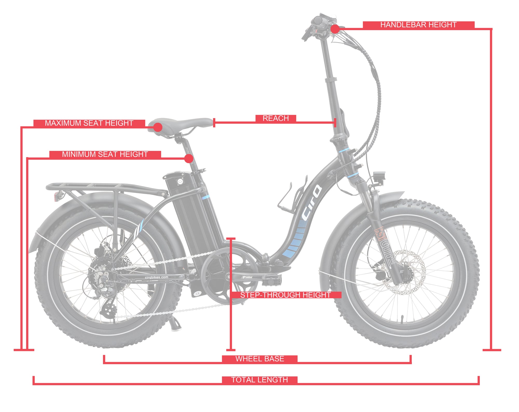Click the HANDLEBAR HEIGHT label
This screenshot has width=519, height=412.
point(418,25)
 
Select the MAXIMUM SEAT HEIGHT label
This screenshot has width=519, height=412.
point(89,123)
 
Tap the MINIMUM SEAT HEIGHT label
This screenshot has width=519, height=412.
point(105,154)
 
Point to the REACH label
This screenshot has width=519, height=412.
point(276,118)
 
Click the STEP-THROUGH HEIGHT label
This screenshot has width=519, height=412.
point(285,295)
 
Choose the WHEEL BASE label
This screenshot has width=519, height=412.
point(259,359)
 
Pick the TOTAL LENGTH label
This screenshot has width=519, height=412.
point(259,380)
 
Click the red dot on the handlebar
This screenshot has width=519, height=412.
point(335,29)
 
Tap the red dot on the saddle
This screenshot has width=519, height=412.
point(158,128)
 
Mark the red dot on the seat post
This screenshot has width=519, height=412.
point(189,158)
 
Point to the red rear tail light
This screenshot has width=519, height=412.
point(56,197)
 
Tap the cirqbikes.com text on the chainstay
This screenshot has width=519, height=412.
point(156,277)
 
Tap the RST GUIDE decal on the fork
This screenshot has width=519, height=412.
point(385,247)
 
